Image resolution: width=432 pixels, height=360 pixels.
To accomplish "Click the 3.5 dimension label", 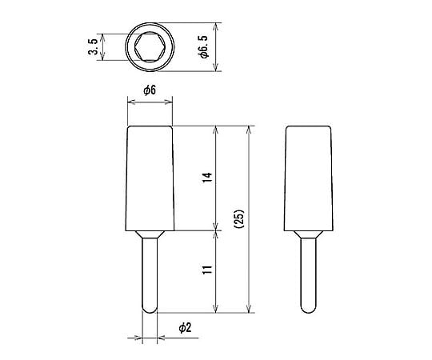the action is tap(93, 47).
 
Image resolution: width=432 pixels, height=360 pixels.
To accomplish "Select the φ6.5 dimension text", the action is tap(204, 47).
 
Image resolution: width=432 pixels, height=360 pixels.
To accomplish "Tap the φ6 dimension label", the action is tap(150, 90).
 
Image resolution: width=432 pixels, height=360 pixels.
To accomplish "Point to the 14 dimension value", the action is tap(207, 177).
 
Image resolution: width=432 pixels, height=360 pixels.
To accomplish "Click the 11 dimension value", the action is tap(207, 269).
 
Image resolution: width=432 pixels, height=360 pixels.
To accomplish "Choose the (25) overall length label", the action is tap(239, 219).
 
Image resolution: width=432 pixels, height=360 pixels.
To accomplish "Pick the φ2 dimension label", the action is tap(185, 328).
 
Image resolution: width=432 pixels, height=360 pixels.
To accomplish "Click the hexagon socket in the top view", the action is tap(150, 47).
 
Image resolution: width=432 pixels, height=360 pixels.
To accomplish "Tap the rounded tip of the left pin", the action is tap(150, 310).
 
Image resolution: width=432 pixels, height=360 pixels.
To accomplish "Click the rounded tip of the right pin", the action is tap(309, 310).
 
